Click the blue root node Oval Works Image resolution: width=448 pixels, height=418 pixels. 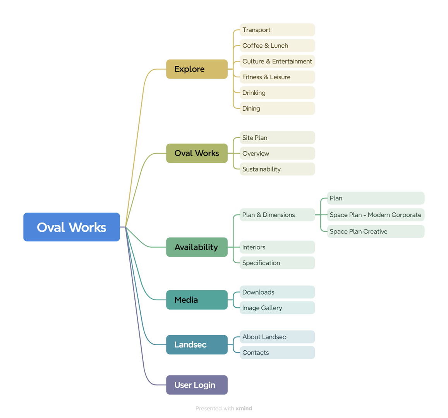71,227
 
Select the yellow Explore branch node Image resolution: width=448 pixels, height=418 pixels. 197,69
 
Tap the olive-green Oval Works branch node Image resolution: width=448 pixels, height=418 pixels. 197,153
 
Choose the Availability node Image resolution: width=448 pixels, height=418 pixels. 197,247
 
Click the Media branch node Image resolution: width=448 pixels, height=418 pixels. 197,300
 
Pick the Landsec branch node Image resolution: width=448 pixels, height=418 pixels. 197,344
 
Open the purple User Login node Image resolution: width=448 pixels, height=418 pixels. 197,385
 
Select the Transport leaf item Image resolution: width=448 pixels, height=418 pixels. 277,30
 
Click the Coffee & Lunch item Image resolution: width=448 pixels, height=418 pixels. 277,46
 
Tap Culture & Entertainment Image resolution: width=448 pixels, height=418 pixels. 277,62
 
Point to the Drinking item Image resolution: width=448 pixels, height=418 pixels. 277,93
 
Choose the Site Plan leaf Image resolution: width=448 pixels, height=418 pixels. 277,138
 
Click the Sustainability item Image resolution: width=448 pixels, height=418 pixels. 277,169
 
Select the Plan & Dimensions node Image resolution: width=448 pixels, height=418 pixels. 277,215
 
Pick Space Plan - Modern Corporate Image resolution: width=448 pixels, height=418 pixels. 376,215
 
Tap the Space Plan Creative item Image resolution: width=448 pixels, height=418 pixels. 376,231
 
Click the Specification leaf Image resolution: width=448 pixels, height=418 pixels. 277,263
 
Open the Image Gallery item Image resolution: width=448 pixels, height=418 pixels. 277,308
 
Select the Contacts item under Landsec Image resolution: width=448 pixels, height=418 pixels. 277,353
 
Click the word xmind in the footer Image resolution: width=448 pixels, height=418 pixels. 244,409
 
